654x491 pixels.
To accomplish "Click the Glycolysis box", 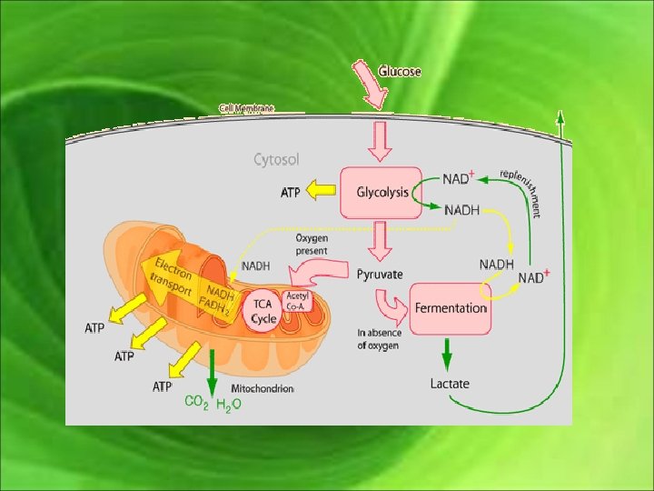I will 381,193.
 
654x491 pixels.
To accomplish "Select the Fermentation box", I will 451,307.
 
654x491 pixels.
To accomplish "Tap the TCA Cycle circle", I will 263,312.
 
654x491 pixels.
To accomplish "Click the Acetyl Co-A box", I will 298,299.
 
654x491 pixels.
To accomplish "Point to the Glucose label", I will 401,72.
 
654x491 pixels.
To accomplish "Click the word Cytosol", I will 276,160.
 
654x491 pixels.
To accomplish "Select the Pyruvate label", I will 380,274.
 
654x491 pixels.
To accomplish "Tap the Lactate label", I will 450,384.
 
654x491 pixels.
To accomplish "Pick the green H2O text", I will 228,403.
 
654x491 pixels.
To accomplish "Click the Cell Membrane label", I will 245,108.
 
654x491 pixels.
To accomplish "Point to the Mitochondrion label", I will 263,388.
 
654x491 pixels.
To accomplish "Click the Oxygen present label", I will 312,245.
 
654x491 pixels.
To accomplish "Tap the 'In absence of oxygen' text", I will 379,338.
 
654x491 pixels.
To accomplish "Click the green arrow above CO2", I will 211,367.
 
